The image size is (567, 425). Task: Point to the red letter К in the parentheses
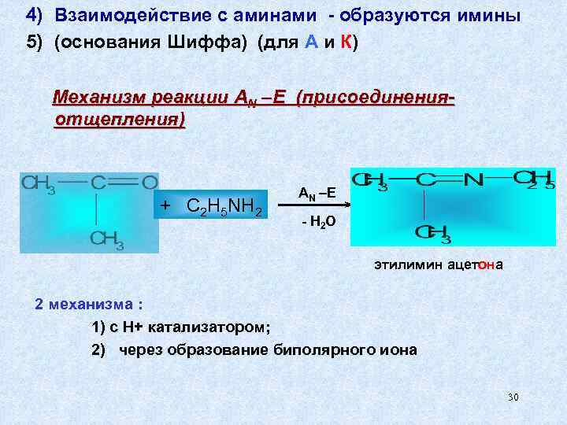click(x=346, y=42)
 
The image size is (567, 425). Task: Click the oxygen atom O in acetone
click(x=150, y=183)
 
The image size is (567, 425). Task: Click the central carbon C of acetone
click(x=98, y=183)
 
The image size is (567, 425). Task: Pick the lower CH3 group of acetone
click(x=106, y=238)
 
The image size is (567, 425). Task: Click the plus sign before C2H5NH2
click(x=165, y=205)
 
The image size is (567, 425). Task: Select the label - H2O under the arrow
click(x=318, y=223)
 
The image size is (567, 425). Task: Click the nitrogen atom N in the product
click(x=473, y=180)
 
